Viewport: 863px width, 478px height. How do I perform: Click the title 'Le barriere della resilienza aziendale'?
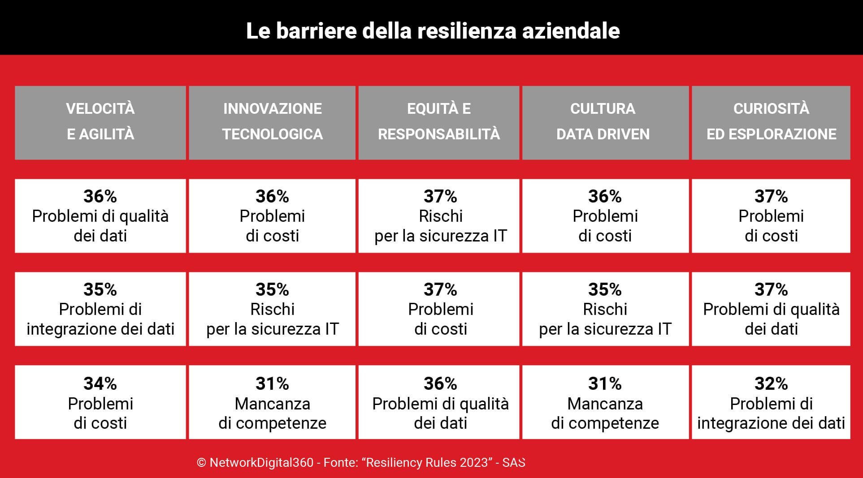[433, 31]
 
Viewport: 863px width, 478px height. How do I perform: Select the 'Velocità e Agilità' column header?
[100, 122]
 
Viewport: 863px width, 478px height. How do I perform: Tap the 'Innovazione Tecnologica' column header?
[272, 122]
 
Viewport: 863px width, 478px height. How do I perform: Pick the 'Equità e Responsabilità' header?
[439, 122]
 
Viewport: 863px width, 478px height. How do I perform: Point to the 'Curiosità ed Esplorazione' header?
[771, 122]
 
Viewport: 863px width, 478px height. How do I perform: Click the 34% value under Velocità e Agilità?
[100, 384]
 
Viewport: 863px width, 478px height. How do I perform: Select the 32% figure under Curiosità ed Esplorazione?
[771, 384]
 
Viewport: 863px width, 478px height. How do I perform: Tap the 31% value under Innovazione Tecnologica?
[272, 384]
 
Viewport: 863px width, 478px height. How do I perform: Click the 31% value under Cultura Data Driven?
[605, 384]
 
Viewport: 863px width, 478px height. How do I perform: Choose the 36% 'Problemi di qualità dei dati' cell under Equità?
[440, 402]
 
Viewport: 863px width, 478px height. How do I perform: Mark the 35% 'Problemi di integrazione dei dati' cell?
[100, 309]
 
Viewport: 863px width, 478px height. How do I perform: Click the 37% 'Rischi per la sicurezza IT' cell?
[440, 216]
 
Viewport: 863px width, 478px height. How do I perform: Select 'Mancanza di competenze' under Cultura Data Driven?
[605, 413]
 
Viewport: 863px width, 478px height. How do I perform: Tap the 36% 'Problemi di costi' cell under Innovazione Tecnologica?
[272, 216]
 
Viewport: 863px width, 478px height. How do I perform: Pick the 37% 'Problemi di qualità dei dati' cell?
[771, 309]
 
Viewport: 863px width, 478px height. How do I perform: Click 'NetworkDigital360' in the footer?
[261, 463]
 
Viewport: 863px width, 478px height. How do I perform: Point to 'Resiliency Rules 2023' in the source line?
[426, 463]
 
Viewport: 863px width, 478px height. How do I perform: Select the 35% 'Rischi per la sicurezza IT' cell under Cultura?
[605, 309]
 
